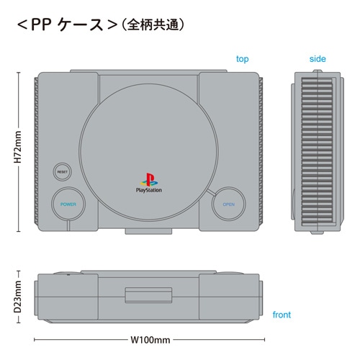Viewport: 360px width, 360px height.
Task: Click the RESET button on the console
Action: [63, 172]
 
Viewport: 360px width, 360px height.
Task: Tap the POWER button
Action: [68, 204]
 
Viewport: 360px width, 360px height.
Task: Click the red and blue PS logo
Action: [149, 180]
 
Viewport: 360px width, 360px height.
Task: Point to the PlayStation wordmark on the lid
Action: [149, 190]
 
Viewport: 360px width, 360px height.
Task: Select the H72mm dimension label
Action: [17, 147]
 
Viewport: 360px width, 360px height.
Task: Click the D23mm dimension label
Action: [17, 297]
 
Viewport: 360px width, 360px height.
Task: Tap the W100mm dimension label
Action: [150, 340]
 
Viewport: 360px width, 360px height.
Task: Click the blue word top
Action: [242, 59]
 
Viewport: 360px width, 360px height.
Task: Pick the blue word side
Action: [318, 59]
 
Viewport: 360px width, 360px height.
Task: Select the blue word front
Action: [282, 315]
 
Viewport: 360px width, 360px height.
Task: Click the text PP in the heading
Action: [40, 24]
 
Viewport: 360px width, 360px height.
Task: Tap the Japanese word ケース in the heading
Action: [81, 24]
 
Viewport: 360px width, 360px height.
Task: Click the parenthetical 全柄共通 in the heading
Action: [153, 24]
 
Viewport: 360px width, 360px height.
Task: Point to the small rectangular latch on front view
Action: [148, 295]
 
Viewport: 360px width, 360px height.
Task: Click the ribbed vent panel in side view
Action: [317, 151]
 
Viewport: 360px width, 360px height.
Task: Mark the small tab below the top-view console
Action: [148, 231]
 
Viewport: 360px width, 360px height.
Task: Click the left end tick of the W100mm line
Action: [35, 340]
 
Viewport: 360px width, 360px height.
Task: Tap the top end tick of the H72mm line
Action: [18, 72]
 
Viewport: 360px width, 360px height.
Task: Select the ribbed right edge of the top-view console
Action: [261, 151]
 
